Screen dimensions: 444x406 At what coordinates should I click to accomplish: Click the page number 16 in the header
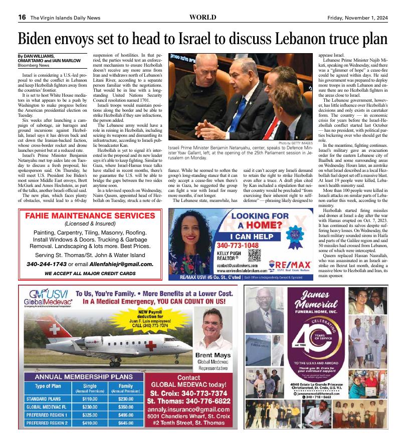[x=22, y=17]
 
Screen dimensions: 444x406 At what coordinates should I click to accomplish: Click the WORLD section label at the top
[x=202, y=17]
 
